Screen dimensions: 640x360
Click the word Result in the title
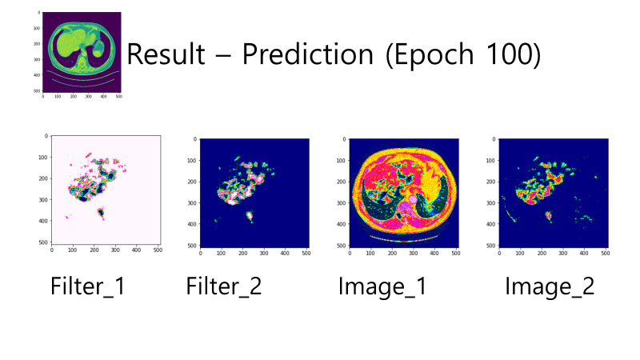coord(166,54)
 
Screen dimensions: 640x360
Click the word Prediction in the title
coord(308,54)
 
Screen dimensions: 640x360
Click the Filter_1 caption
coord(88,286)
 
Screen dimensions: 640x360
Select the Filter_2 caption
coord(224,286)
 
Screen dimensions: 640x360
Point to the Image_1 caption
coord(382,286)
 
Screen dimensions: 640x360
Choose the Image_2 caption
coord(550,286)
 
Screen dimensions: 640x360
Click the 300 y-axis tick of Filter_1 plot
coord(43,199)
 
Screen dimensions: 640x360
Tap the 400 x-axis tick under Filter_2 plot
coord(285,253)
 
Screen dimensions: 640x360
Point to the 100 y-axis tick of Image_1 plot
coord(341,161)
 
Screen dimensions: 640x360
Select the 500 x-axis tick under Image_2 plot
coord(606,253)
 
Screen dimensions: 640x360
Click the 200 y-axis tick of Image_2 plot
coord(490,182)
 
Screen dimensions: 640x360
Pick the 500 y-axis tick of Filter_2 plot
coord(191,246)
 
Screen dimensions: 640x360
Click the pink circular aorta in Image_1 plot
coord(413,199)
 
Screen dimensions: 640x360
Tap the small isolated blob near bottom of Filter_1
coord(101,213)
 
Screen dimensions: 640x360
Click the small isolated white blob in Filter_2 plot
coord(250,215)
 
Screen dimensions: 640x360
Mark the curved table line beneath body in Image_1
coord(404,238)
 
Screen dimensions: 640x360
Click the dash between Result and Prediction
coord(224,57)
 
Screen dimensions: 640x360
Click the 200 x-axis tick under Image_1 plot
coord(392,253)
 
